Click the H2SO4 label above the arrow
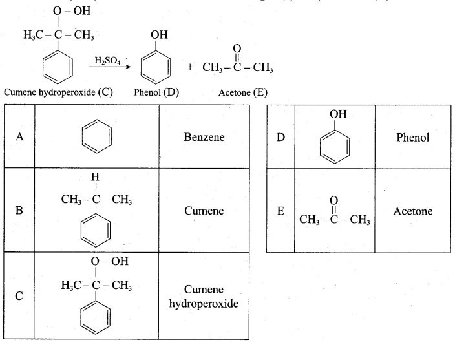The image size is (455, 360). click(107, 60)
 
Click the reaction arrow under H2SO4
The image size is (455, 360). click(110, 67)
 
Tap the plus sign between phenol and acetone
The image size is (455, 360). click(190, 67)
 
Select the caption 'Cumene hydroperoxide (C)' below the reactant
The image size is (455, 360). click(58, 92)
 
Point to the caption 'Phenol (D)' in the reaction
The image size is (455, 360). click(156, 92)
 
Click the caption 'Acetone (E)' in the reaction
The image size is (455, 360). click(243, 92)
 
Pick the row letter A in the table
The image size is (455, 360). click(19, 136)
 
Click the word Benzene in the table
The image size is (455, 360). click(204, 137)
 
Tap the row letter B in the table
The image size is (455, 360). click(19, 210)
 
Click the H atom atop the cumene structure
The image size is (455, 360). click(95, 176)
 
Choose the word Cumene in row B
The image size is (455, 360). click(204, 211)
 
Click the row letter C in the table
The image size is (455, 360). click(19, 296)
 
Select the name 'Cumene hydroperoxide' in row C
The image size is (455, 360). click(204, 297)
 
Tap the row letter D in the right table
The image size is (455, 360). click(280, 137)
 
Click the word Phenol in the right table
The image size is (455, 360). click(413, 138)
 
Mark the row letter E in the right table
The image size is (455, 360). click(280, 211)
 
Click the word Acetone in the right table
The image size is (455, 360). click(413, 211)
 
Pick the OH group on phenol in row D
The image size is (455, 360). click(338, 114)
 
